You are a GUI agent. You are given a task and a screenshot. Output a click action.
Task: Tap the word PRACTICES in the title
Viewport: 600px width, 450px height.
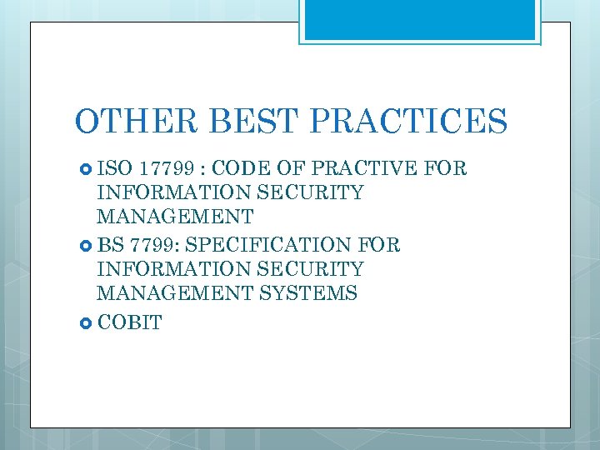pos(408,122)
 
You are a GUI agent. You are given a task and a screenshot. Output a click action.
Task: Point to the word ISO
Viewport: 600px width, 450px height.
pos(115,169)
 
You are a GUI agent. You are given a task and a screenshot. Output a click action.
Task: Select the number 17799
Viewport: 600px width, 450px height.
pos(163,169)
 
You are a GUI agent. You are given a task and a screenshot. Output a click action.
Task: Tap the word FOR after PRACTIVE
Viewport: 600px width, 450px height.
pos(446,169)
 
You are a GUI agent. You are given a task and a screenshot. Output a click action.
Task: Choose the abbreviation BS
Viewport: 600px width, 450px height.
pos(110,245)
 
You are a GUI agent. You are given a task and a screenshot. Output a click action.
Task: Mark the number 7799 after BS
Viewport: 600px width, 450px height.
pos(152,245)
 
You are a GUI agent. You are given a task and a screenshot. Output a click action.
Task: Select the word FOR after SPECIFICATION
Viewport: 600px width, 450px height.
pos(378,245)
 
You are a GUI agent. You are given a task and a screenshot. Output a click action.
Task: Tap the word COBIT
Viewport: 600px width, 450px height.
pos(129,322)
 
